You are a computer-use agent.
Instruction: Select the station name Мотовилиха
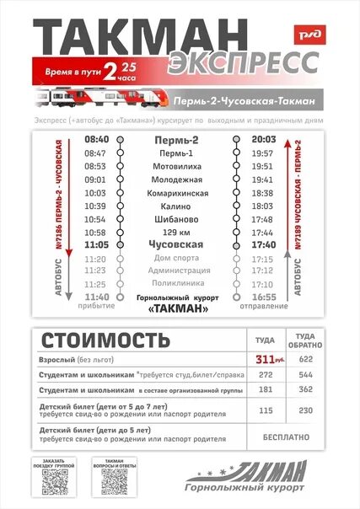pos(178,166)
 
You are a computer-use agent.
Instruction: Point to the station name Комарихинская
pos(178,193)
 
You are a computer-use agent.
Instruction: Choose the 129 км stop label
pos(178,232)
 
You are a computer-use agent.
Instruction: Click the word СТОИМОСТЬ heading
pos(99,340)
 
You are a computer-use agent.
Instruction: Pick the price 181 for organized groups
pos(266,389)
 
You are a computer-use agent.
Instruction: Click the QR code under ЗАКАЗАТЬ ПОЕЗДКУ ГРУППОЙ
pos(55,481)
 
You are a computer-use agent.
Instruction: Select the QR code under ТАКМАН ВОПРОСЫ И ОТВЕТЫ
pos(114,481)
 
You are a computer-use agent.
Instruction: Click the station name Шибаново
pos(178,219)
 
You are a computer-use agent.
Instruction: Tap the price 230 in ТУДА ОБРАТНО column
pos(304,410)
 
